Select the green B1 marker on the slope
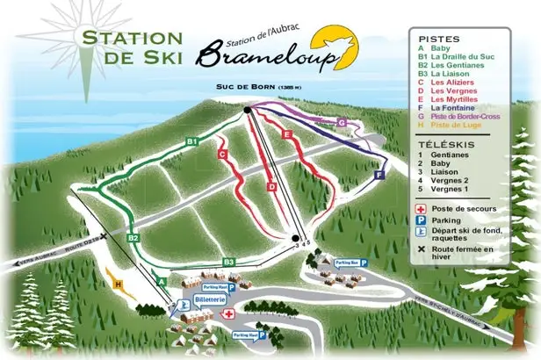click(192, 140)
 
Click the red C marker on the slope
click(222, 155)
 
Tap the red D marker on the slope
click(271, 186)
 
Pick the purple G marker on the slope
click(341, 123)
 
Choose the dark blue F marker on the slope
click(379, 175)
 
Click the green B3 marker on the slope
click(228, 261)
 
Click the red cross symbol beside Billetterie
click(228, 313)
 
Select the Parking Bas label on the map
click(345, 262)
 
